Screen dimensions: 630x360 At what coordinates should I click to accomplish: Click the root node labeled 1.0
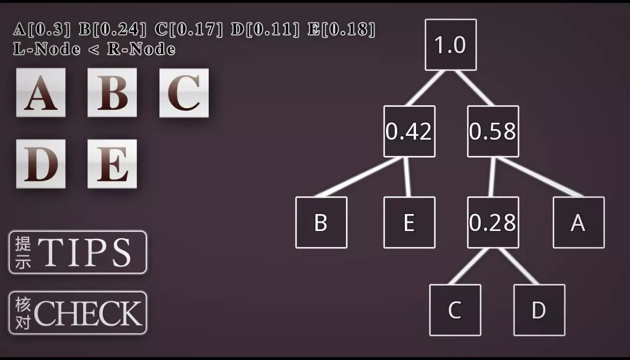click(x=451, y=45)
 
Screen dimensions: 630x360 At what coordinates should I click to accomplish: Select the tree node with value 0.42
click(x=409, y=131)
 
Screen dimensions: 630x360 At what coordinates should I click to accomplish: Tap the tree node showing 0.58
click(x=493, y=131)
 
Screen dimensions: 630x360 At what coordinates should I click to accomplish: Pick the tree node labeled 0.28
click(x=493, y=222)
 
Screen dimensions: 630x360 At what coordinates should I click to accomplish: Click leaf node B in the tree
click(x=321, y=222)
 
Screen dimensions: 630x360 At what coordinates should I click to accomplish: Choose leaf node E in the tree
click(x=409, y=222)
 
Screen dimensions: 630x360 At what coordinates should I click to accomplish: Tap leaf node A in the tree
click(x=578, y=222)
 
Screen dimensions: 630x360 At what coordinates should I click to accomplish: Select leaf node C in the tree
click(x=455, y=310)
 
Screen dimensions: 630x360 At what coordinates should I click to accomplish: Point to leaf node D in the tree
click(x=539, y=310)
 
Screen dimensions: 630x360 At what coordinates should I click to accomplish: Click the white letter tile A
click(x=41, y=92)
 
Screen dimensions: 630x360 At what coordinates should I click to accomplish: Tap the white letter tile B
click(x=112, y=92)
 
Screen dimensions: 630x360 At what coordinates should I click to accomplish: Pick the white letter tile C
click(x=184, y=93)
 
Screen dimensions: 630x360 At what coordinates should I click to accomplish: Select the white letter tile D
click(x=41, y=164)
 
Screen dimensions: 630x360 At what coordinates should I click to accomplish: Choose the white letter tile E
click(x=112, y=164)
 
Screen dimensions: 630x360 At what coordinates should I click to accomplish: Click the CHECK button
click(x=78, y=313)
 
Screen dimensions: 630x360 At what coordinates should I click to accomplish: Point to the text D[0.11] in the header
click(x=265, y=29)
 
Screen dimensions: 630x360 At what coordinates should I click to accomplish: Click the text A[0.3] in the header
click(x=42, y=29)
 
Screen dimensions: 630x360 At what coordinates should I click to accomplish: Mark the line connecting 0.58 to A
click(x=539, y=177)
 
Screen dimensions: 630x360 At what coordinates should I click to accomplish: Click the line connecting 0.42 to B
click(x=358, y=177)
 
